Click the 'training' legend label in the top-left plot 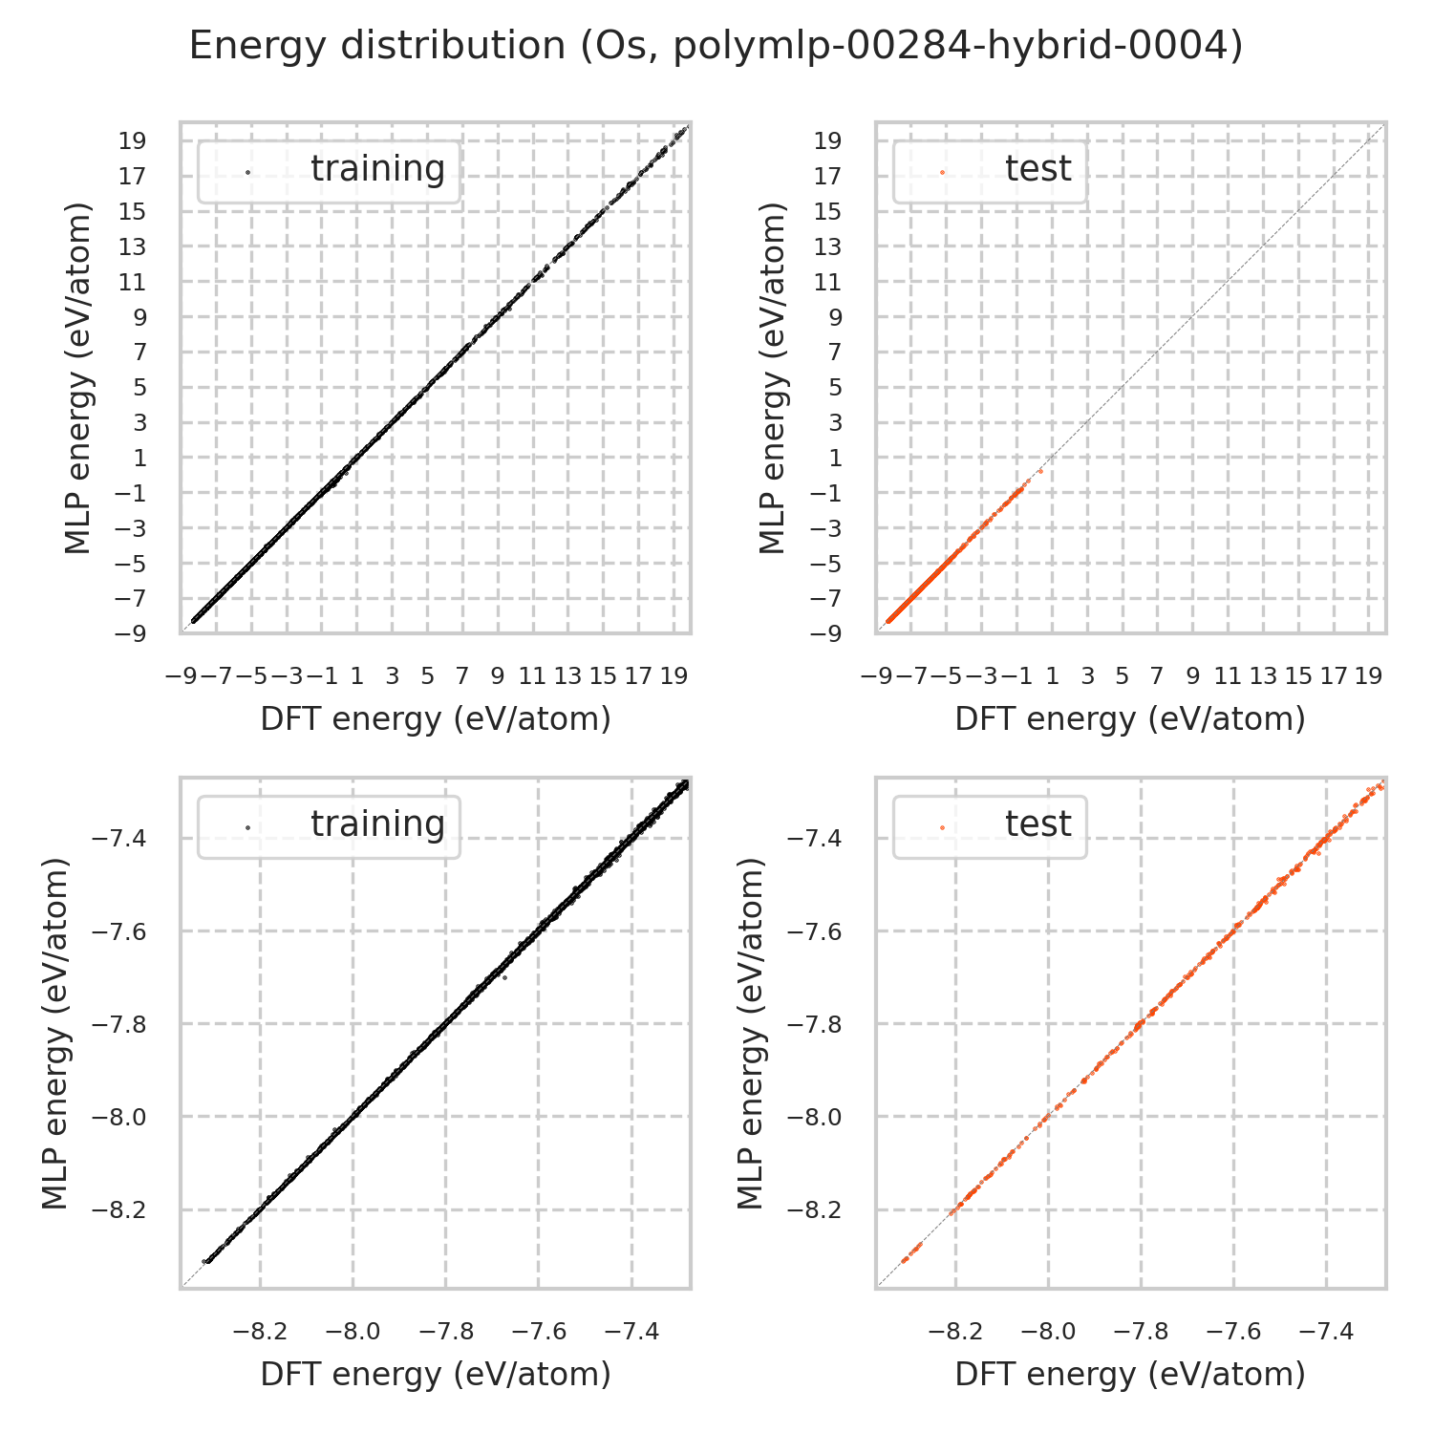click(x=377, y=169)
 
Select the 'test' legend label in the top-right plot click(x=1037, y=169)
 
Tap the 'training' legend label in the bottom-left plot click(x=377, y=824)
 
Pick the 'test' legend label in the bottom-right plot click(x=1037, y=824)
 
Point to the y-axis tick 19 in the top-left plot click(x=133, y=141)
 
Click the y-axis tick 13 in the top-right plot click(x=828, y=247)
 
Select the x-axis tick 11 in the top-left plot click(x=532, y=676)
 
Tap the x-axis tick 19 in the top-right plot click(x=1368, y=676)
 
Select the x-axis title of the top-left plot click(x=436, y=719)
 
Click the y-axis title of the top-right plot click(x=772, y=378)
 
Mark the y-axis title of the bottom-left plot click(x=57, y=1034)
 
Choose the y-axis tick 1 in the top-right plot click(x=835, y=459)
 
